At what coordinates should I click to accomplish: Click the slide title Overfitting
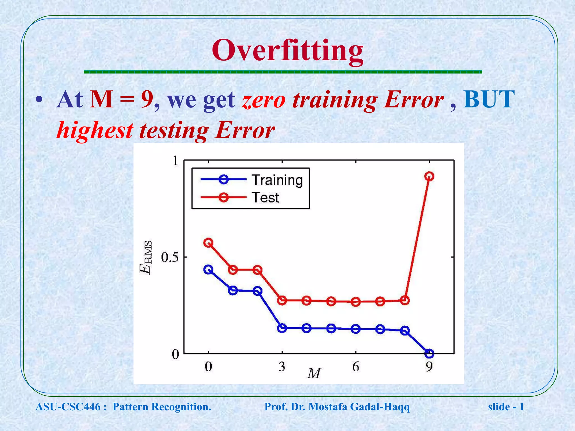(287, 51)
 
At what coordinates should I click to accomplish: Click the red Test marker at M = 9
(429, 176)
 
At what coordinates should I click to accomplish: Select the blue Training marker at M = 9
(429, 354)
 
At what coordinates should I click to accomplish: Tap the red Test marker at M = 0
(208, 243)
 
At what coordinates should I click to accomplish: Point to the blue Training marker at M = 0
(208, 270)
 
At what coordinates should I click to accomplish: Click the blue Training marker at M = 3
(282, 328)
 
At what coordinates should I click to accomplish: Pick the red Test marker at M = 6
(356, 302)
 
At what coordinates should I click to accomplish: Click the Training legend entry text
(277, 180)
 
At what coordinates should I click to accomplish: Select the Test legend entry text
(265, 198)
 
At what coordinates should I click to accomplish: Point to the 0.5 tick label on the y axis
(170, 257)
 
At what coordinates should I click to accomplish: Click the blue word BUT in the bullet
(489, 99)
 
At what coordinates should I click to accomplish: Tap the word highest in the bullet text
(95, 131)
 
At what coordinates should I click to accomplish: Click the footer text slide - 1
(506, 407)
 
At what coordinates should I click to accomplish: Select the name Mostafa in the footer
(328, 407)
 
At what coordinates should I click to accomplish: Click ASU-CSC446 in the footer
(68, 407)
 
